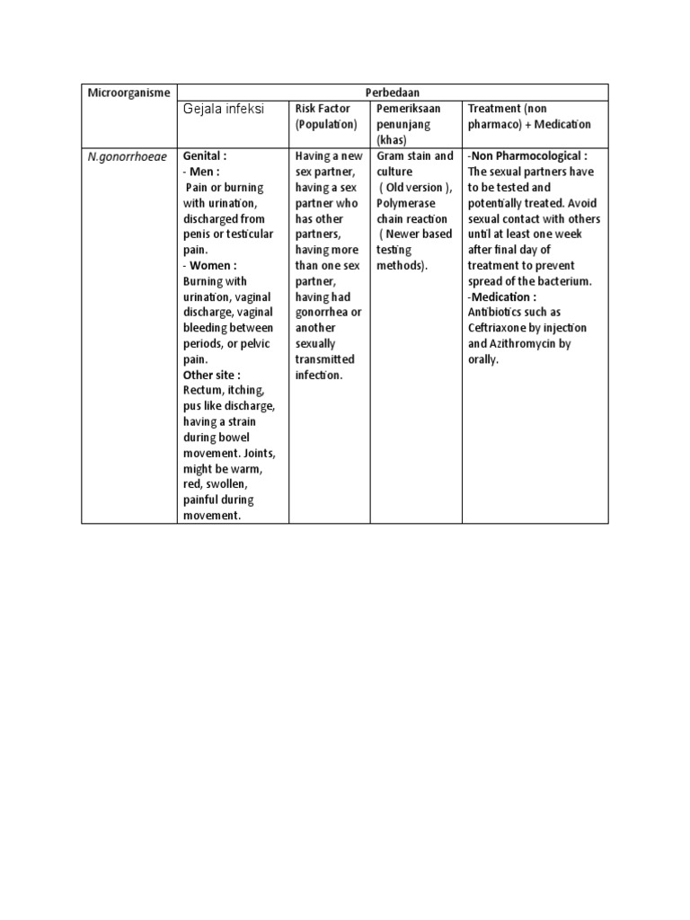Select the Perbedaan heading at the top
391,93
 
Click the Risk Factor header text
323,109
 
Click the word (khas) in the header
392,140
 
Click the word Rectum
204,391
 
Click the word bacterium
564,282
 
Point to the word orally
482,359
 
